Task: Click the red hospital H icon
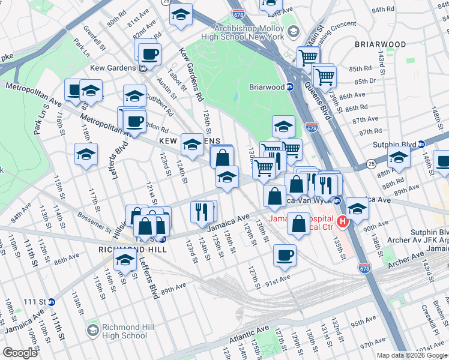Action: click(x=343, y=222)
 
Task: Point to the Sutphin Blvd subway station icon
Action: click(x=421, y=144)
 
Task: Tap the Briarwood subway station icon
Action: click(x=289, y=87)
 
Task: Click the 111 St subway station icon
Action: click(x=52, y=301)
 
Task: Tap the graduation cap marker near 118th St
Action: click(x=86, y=154)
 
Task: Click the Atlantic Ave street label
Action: click(x=247, y=336)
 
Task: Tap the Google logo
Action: click(x=20, y=353)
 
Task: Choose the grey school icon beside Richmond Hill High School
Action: click(x=92, y=331)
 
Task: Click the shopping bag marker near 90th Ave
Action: click(x=298, y=224)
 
